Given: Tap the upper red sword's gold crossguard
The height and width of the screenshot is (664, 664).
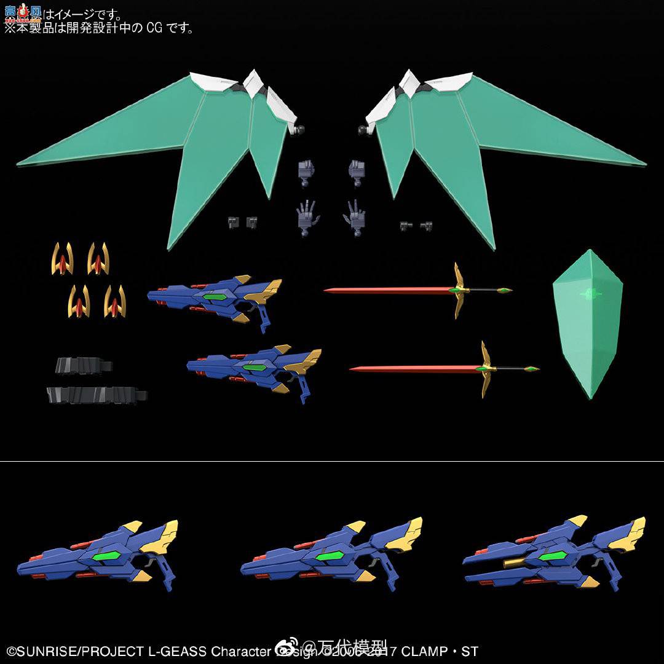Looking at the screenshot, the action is pos(457,290).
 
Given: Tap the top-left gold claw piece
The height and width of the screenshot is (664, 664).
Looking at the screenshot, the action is pos(62,259).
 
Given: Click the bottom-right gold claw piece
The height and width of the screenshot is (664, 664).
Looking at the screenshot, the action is pos(114,301).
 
